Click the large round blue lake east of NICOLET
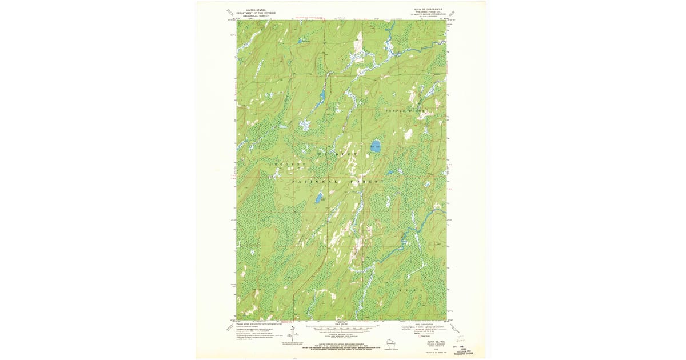pyautogui.click(x=376, y=146)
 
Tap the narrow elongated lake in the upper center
pyautogui.click(x=322, y=94)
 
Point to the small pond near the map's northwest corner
pyautogui.click(x=300, y=41)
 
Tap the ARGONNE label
pyautogui.click(x=288, y=165)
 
